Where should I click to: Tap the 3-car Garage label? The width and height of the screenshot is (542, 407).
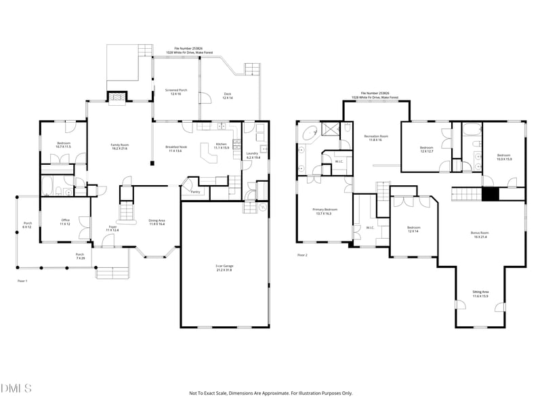coord(223,267)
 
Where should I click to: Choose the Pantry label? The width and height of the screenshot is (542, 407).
coord(195,192)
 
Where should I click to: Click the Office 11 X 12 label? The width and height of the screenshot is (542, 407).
coord(64,222)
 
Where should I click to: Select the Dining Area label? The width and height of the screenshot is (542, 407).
coord(157,222)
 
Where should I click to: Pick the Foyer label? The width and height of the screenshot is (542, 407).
coord(112,229)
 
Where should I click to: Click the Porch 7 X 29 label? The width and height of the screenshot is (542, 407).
coord(80,256)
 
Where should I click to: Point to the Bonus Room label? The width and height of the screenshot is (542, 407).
coord(480,235)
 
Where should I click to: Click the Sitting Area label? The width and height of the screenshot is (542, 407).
coord(480,293)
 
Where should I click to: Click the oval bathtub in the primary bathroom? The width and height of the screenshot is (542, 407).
coord(310,133)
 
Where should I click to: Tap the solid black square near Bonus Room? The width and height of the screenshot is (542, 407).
coord(490,194)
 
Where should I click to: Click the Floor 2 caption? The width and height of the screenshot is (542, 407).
coord(302,255)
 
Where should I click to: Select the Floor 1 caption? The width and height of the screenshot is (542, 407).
coord(22,279)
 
